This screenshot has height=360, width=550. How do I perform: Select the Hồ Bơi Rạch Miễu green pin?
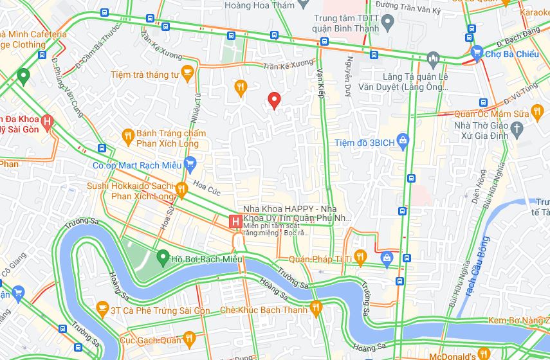click(x=163, y=258)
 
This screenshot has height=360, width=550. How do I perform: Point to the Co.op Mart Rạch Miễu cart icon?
click(x=189, y=165)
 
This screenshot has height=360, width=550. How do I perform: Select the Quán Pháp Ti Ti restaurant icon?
click(x=360, y=258)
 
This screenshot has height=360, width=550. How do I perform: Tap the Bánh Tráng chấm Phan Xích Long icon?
click(x=127, y=136)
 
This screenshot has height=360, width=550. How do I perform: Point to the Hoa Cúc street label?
click(x=206, y=187)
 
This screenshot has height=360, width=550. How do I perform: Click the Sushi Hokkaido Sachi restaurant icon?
click(x=182, y=190)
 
